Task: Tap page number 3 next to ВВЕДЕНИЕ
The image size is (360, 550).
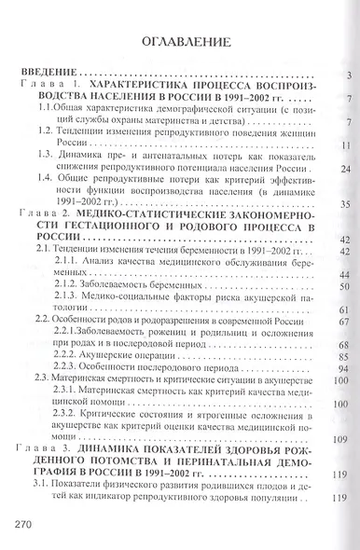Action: (346, 75)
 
